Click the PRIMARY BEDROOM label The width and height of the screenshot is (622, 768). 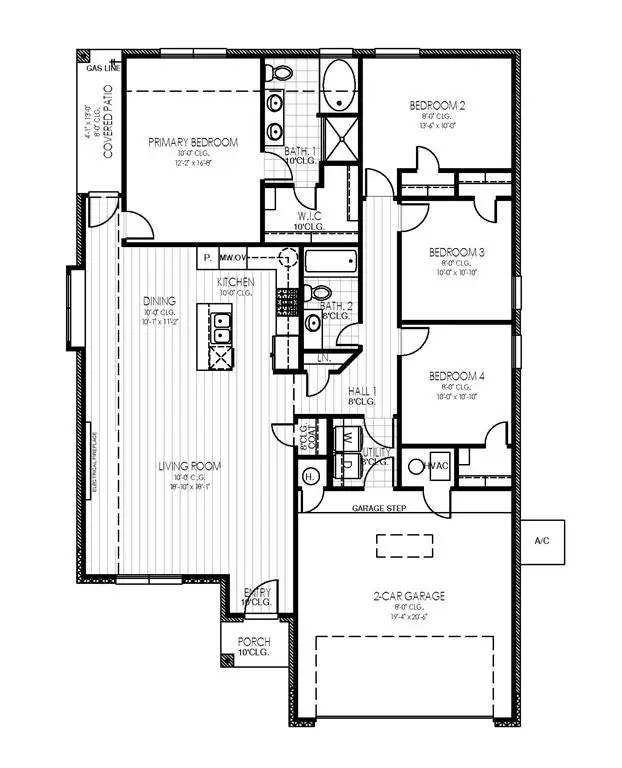[193, 143]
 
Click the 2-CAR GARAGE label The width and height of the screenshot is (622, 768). [410, 595]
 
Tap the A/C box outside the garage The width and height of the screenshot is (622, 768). [543, 543]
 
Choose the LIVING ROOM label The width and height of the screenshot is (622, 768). [188, 466]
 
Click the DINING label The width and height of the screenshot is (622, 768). [159, 300]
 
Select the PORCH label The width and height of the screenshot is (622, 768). [254, 641]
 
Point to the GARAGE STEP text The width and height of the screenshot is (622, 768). [379, 508]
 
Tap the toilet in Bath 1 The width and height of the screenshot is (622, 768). [280, 72]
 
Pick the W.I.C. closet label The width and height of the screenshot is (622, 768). [309, 215]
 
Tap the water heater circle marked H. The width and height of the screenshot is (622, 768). [309, 477]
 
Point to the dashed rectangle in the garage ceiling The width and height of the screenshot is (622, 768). [406, 545]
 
